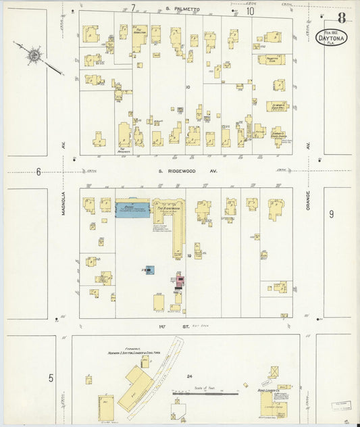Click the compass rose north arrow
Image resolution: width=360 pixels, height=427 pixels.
[31, 53]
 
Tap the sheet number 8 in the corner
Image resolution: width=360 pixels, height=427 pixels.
[342, 18]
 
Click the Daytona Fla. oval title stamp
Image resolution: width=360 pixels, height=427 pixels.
[332, 38]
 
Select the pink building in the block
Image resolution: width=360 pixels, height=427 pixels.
[180, 280]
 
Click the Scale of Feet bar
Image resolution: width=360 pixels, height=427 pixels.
[203, 392]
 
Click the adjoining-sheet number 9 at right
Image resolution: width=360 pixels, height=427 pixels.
[332, 214]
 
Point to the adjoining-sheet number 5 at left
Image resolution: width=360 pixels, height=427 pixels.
[50, 378]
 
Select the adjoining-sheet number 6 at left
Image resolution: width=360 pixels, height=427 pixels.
[38, 172]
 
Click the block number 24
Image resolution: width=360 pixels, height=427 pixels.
[191, 376]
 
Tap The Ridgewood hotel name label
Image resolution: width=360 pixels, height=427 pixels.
[169, 209]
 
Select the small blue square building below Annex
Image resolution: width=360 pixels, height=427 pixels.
[149, 270]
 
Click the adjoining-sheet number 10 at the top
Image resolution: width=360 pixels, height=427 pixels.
[250, 11]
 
